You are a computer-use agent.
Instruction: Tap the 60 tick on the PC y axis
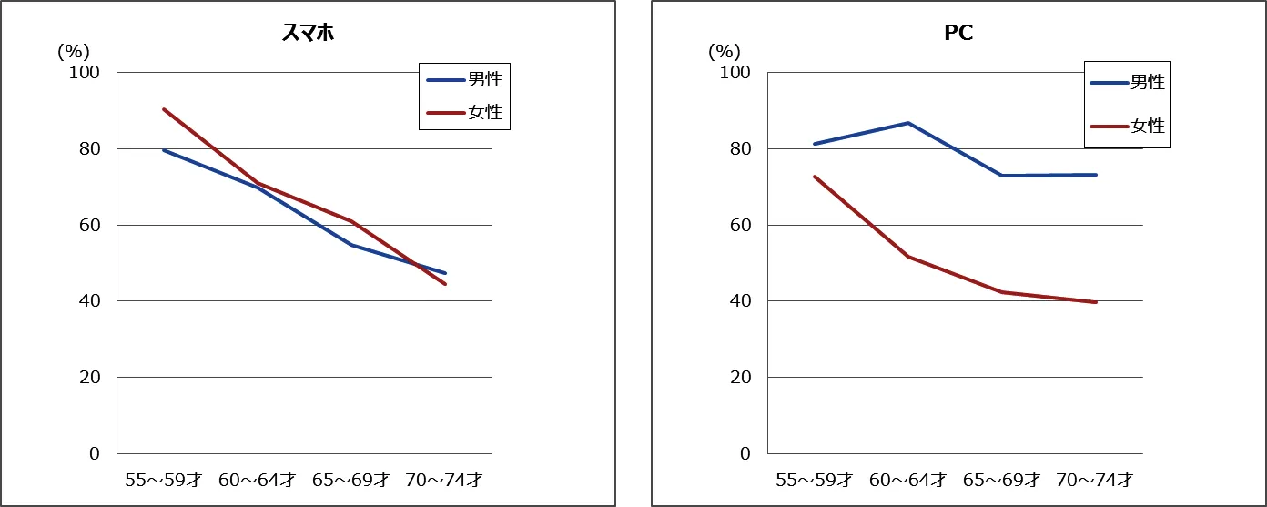pyautogui.click(x=740, y=225)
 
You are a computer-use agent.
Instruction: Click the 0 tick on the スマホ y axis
pyautogui.click(x=94, y=453)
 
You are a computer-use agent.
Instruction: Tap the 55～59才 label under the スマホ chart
pyautogui.click(x=164, y=479)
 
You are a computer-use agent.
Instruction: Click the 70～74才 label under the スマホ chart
pyautogui.click(x=446, y=479)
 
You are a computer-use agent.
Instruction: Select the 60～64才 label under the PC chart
pyautogui.click(x=908, y=479)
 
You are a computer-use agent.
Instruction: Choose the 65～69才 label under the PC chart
pyautogui.click(x=1002, y=479)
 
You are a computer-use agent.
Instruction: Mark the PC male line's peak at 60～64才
pyautogui.click(x=908, y=123)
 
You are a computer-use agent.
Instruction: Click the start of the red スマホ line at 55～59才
pyautogui.click(x=164, y=109)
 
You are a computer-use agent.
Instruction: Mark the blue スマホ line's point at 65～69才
pyautogui.click(x=351, y=245)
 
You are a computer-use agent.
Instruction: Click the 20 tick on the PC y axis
pyautogui.click(x=740, y=377)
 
